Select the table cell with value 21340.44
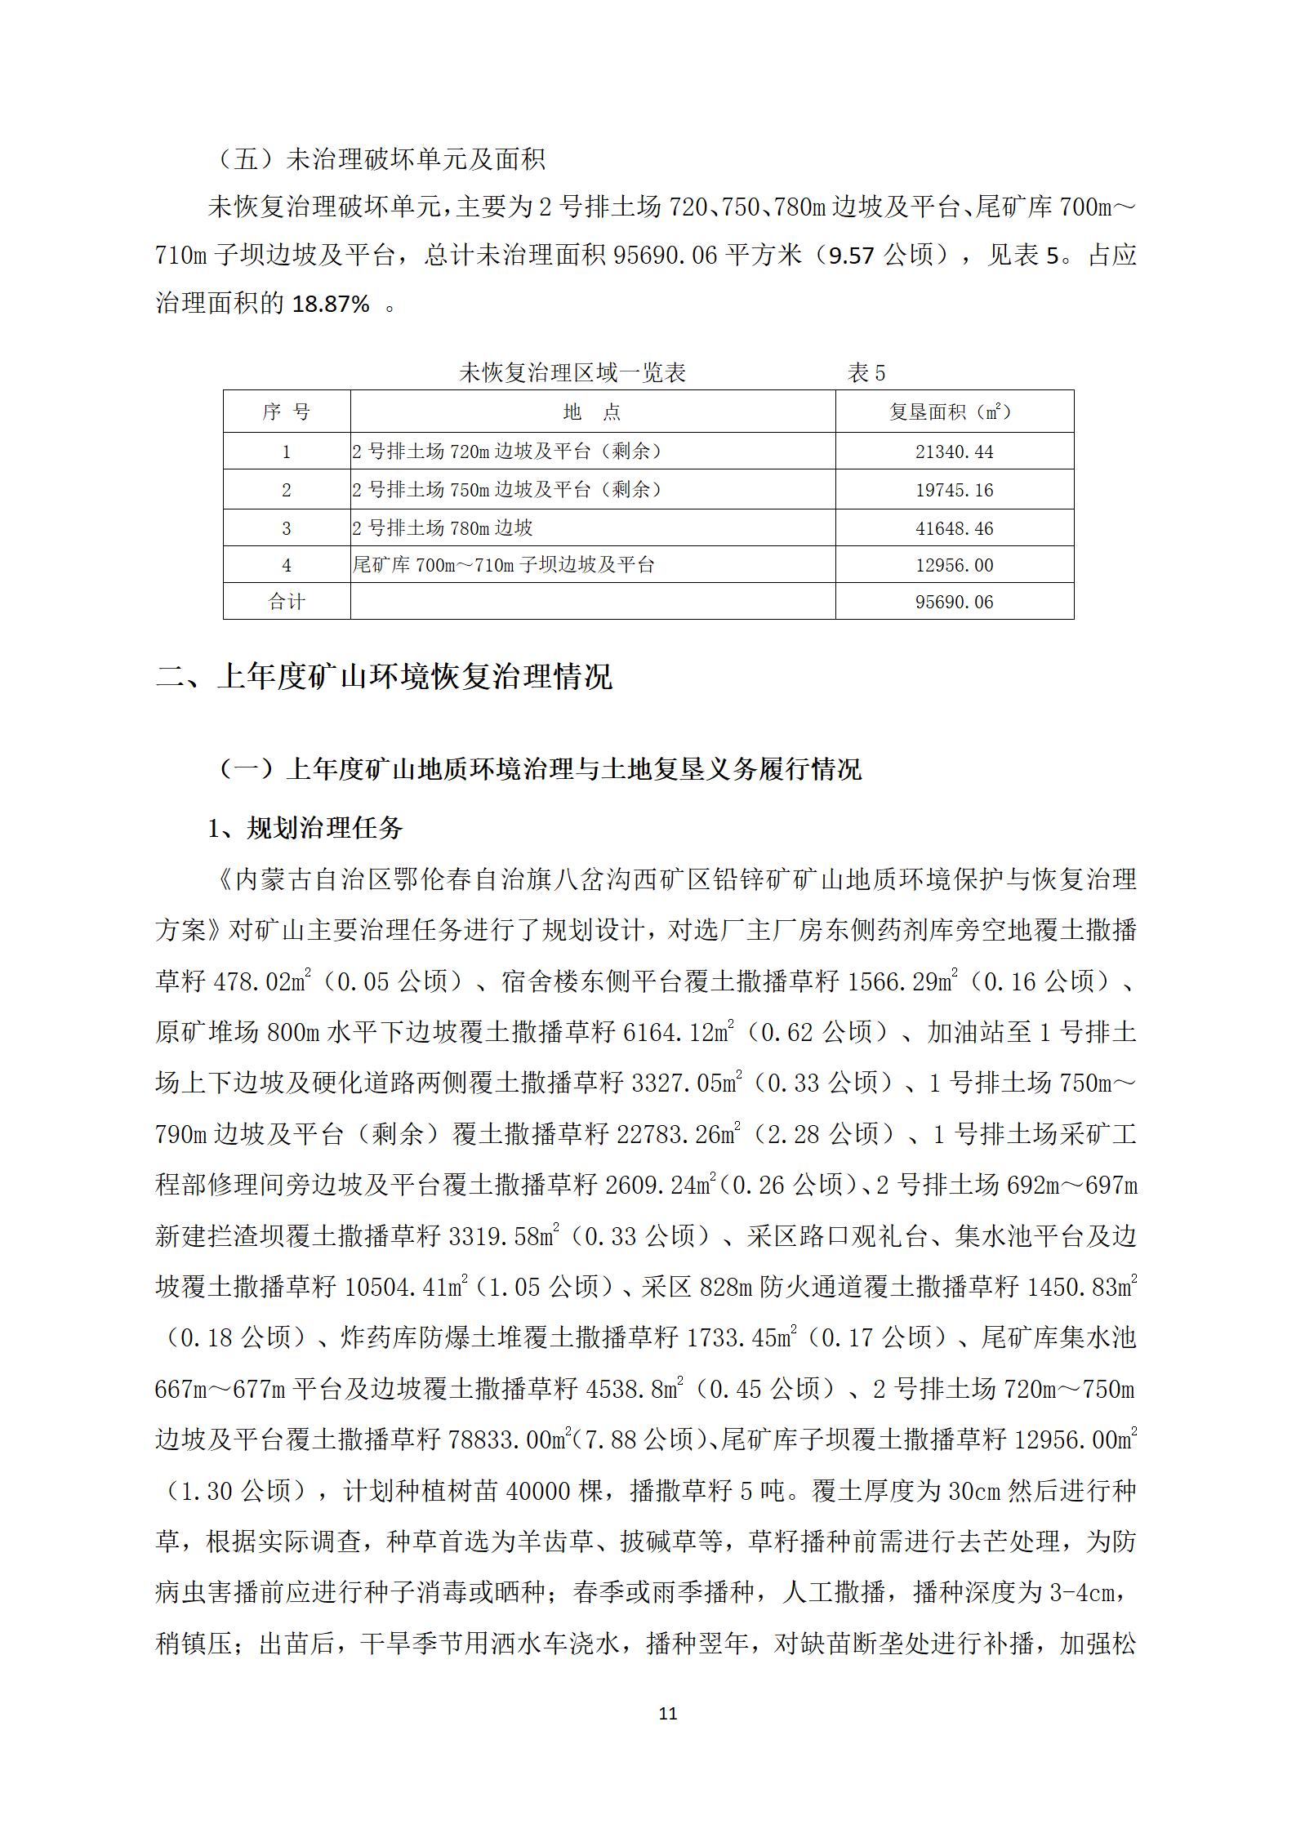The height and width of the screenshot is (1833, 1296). pos(954,452)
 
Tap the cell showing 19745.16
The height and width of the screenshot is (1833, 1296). pos(954,490)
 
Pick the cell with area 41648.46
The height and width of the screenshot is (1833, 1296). pos(954,528)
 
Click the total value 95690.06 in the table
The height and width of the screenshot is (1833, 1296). pos(954,602)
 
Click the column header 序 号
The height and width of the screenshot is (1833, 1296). pos(286,412)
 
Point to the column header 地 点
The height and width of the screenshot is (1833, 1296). pos(592,412)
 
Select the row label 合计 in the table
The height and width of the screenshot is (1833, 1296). pos(286,602)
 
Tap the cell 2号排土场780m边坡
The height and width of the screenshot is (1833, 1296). pos(443,528)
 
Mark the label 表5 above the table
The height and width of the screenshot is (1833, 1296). pos(866,374)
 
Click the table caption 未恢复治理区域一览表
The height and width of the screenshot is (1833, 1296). pos(572,374)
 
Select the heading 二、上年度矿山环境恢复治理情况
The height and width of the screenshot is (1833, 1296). pos(384,677)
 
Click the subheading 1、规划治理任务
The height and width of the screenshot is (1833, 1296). pos(305,829)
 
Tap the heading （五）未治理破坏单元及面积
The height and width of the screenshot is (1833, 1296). pos(381,158)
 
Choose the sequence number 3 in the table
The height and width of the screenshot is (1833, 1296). pos(286,528)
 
